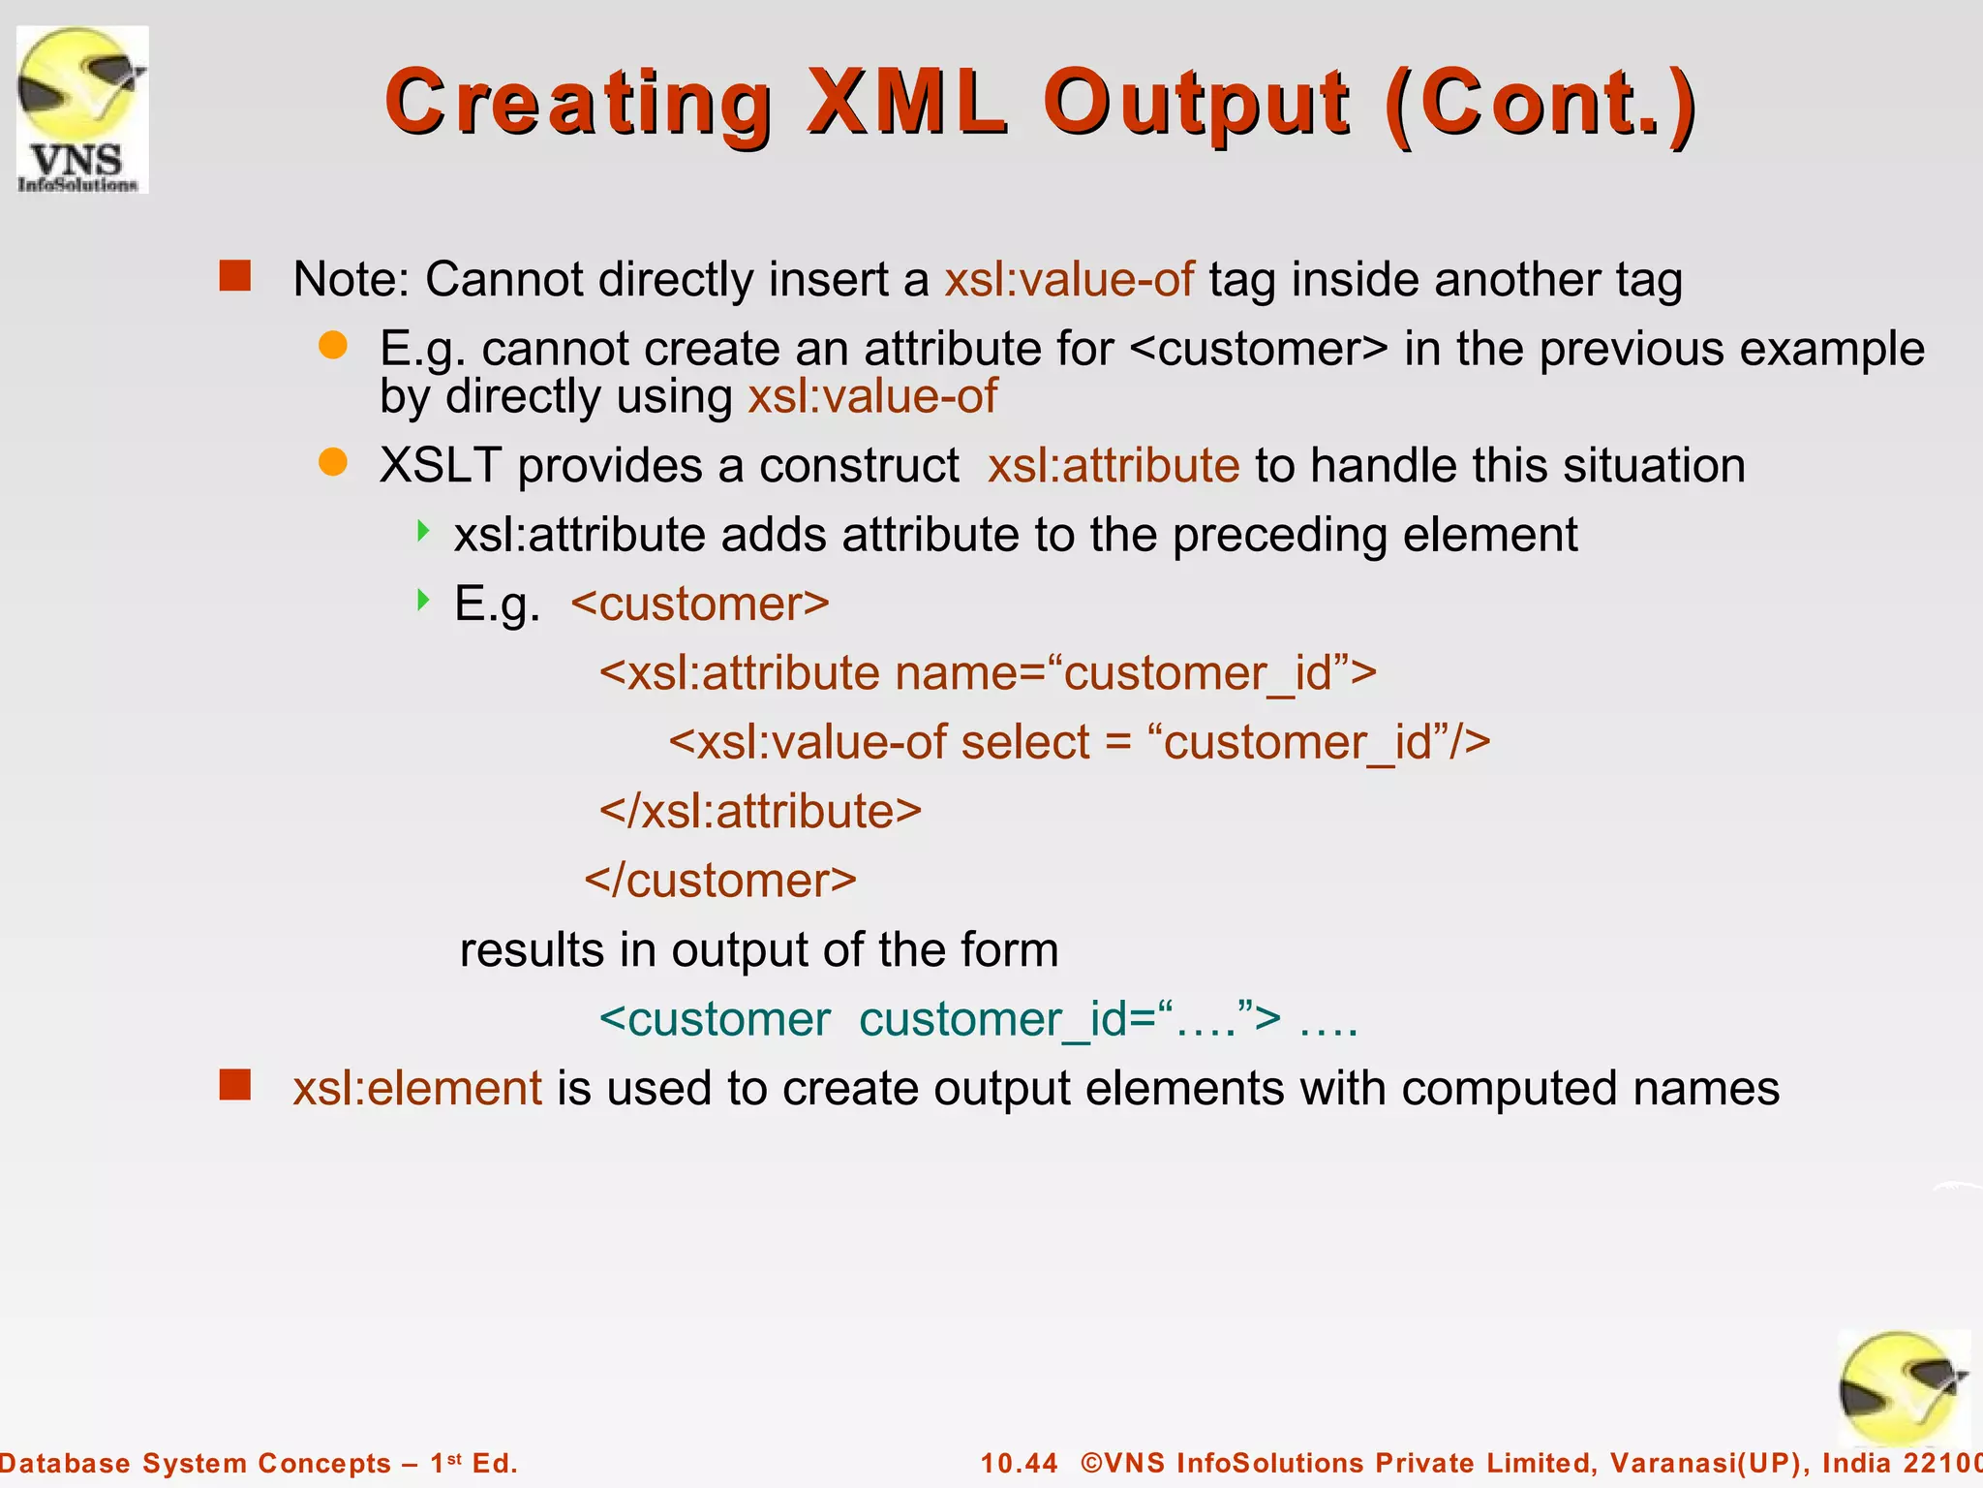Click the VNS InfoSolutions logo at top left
pos(82,109)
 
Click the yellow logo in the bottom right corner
pos(1903,1390)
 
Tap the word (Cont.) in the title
pos(1541,104)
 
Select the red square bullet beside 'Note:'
pos(235,276)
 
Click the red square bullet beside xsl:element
pos(235,1085)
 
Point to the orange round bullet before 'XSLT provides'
pos(333,462)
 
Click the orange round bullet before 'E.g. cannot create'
pos(333,345)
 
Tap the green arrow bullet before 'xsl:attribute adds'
pos(423,530)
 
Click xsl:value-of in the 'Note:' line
pos(1069,279)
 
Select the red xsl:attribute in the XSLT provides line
pos(1113,465)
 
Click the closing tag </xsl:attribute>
pos(760,811)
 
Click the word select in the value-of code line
pos(1025,742)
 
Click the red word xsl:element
pos(417,1088)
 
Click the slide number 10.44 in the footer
pos(1020,1463)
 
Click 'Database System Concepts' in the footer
pos(194,1463)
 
